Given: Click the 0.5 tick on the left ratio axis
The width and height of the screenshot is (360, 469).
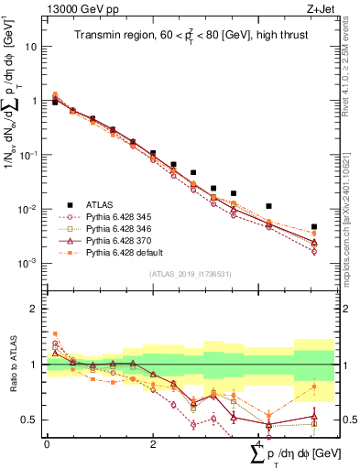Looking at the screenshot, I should click(30, 420).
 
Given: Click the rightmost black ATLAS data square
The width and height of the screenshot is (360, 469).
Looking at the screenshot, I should click(314, 226).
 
